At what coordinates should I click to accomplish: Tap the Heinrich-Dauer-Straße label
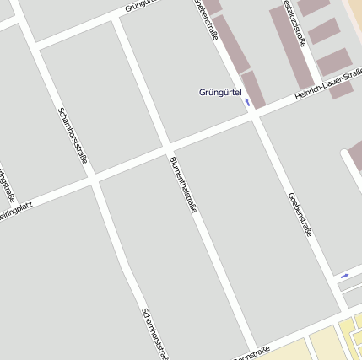point(328,87)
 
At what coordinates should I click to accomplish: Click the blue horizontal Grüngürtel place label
point(219,92)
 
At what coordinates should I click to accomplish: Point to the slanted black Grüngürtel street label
point(141,7)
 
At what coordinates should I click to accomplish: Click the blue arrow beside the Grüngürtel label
point(247,101)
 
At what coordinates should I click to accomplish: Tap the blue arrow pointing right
point(344,276)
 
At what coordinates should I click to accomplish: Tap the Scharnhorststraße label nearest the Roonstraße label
point(155,332)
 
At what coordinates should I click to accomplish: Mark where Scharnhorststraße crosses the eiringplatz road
point(93,179)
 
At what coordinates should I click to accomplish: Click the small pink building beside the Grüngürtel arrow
point(253,89)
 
